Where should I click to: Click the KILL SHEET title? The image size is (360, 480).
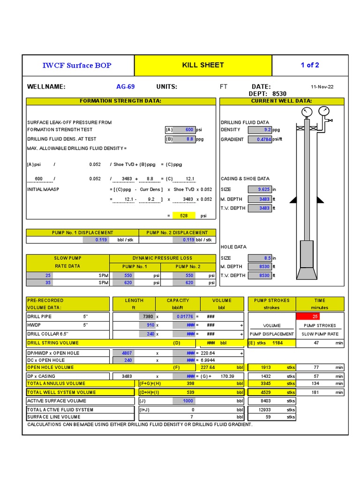pyautogui.click(x=203, y=65)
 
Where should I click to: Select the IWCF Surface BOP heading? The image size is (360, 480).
pyautogui.click(x=77, y=65)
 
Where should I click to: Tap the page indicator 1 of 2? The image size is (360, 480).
pyautogui.click(x=310, y=65)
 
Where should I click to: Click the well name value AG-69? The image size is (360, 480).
pyautogui.click(x=125, y=87)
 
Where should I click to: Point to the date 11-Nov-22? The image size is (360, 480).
pyautogui.click(x=322, y=87)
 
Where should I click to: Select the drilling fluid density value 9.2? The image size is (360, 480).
pyautogui.click(x=260, y=130)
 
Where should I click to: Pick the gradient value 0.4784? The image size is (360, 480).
pyautogui.click(x=260, y=140)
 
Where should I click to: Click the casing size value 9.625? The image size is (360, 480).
pyautogui.click(x=260, y=189)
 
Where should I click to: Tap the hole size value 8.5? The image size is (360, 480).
pyautogui.click(x=260, y=258)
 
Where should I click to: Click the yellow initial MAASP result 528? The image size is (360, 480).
pyautogui.click(x=181, y=216)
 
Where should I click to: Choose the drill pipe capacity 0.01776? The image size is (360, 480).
pyautogui.click(x=183, y=316)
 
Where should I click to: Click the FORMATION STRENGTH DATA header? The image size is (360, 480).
pyautogui.click(x=120, y=101)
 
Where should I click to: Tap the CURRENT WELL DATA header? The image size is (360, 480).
pyautogui.click(x=282, y=101)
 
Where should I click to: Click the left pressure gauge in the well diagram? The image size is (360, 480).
pyautogui.click(x=307, y=112)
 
